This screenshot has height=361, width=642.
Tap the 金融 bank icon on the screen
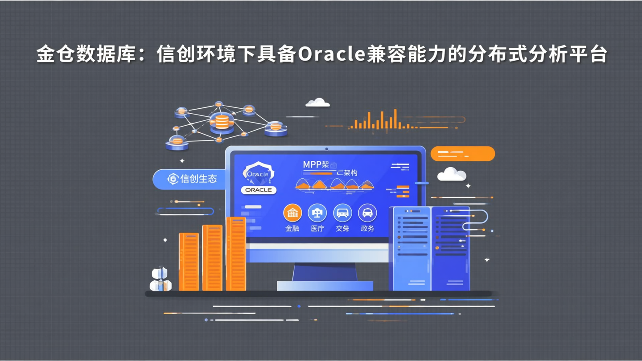[x=292, y=213]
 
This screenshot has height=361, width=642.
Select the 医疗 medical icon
[x=317, y=213]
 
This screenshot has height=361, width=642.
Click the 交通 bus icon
[x=342, y=213]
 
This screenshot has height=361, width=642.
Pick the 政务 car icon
[x=367, y=213]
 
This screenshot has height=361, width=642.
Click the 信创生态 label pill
[x=189, y=179]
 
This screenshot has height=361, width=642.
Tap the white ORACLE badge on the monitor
[x=259, y=190]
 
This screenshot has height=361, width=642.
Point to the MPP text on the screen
[x=312, y=164]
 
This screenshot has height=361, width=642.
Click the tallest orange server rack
[x=236, y=254]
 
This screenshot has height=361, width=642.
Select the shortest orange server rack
[x=189, y=262]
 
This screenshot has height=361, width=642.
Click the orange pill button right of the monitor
[x=463, y=154]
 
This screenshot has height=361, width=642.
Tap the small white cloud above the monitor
[x=318, y=103]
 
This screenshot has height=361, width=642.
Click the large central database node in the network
[x=222, y=122]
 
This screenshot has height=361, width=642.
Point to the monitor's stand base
[x=325, y=286]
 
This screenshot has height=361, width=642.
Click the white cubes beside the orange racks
[x=160, y=279]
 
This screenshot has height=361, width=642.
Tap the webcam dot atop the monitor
[x=326, y=149]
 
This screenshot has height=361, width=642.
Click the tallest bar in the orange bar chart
[x=395, y=119]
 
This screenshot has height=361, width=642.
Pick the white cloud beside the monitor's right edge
[x=452, y=174]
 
